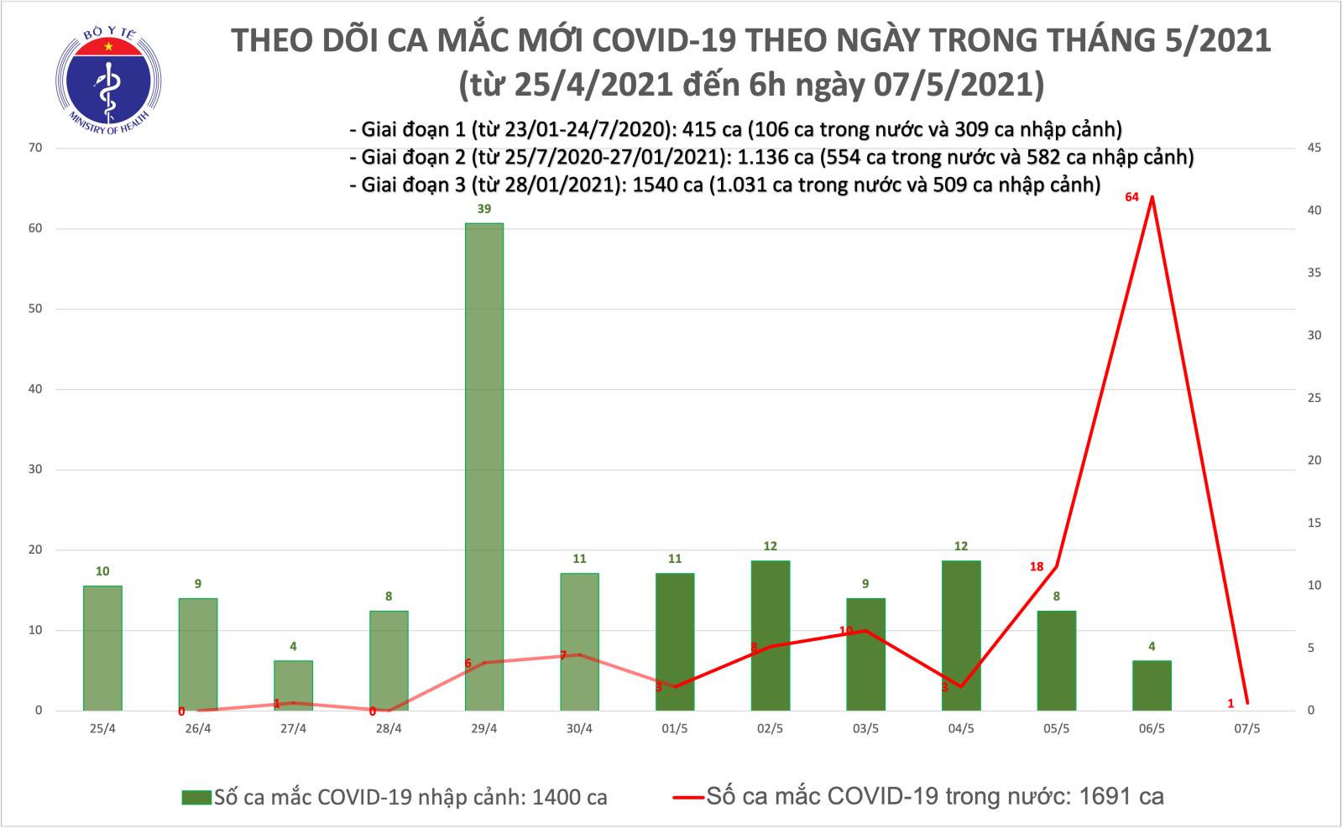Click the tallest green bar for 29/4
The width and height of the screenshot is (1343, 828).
[484, 466]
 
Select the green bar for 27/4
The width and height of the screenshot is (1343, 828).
[293, 685]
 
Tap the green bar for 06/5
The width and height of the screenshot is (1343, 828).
[1152, 685]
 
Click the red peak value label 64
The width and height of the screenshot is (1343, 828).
[1131, 197]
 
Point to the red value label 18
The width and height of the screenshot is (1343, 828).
[1037, 567]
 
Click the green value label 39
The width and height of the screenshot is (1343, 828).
[484, 209]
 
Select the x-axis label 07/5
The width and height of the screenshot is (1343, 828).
[1247, 729]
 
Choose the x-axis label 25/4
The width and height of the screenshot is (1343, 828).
[102, 729]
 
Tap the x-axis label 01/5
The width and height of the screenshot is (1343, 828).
[675, 729]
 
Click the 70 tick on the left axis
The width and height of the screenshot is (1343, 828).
[35, 148]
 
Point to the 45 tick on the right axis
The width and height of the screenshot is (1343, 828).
[1314, 148]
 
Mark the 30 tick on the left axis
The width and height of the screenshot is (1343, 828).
[35, 470]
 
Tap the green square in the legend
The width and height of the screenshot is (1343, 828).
[196, 797]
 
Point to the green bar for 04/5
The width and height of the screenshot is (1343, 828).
[961, 635]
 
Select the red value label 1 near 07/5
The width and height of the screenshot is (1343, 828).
[1231, 704]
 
